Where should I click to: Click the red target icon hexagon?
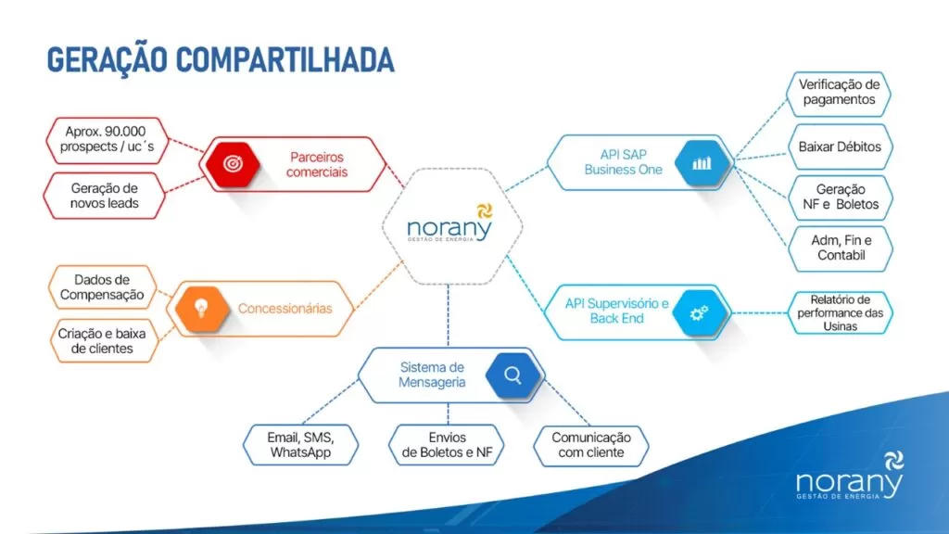pos(233,163)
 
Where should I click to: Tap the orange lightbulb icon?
pos(202,309)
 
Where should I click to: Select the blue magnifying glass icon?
pos(512,375)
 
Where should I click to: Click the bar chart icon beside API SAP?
pos(702,163)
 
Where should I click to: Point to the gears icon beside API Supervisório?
pos(700,313)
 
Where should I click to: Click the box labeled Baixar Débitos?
pos(840,146)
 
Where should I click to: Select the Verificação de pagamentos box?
pos(839,93)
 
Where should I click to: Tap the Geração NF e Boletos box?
pos(840,197)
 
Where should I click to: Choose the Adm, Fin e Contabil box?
pos(841,248)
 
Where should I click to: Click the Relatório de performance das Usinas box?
pos(840,312)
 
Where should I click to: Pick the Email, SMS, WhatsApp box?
pos(301,445)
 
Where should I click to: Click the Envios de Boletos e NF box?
pos(447,445)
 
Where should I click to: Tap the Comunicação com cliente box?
pos(590,445)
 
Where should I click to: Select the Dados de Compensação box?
pos(102,287)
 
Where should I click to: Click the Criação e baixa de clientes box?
pos(102,341)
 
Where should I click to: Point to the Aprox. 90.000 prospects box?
pos(108,140)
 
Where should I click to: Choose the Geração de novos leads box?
pos(104,196)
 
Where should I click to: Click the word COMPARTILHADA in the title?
pos(285,60)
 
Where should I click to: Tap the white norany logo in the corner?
pos(850,476)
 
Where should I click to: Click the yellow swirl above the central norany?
pos(484,211)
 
